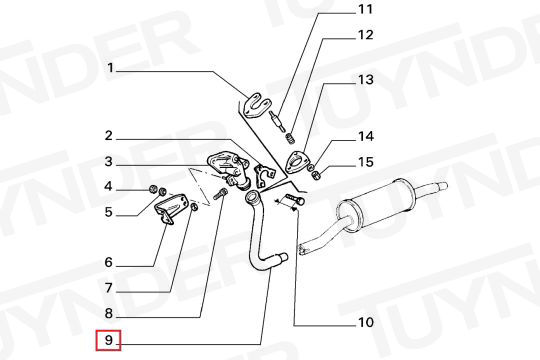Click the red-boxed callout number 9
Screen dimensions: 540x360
click(x=108, y=340)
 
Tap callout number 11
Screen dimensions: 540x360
click(x=365, y=9)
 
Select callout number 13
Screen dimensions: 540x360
click(x=365, y=80)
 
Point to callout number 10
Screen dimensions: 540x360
click(x=366, y=322)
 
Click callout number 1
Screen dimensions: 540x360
click(x=110, y=68)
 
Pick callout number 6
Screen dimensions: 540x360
click(x=108, y=263)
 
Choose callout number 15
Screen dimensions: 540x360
click(x=366, y=162)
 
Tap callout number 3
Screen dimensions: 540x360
click(x=108, y=161)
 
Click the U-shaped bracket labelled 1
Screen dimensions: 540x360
click(x=258, y=105)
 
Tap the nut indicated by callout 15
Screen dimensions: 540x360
click(x=316, y=175)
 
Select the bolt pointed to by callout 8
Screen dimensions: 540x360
click(x=220, y=194)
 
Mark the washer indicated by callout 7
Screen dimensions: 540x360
click(x=194, y=207)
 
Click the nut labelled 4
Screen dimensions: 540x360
click(x=153, y=189)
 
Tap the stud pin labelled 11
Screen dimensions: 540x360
click(x=278, y=120)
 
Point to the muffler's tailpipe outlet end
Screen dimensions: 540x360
click(x=442, y=186)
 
